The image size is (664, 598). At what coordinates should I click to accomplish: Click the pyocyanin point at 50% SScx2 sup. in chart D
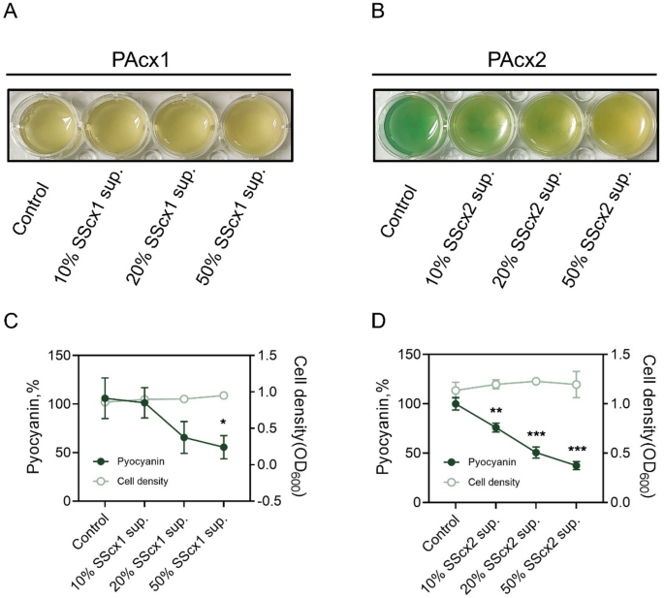pos(576,465)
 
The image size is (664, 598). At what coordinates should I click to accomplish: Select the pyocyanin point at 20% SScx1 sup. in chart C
pos(184,437)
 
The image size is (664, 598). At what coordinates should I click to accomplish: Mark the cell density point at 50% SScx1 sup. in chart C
pos(224,395)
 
